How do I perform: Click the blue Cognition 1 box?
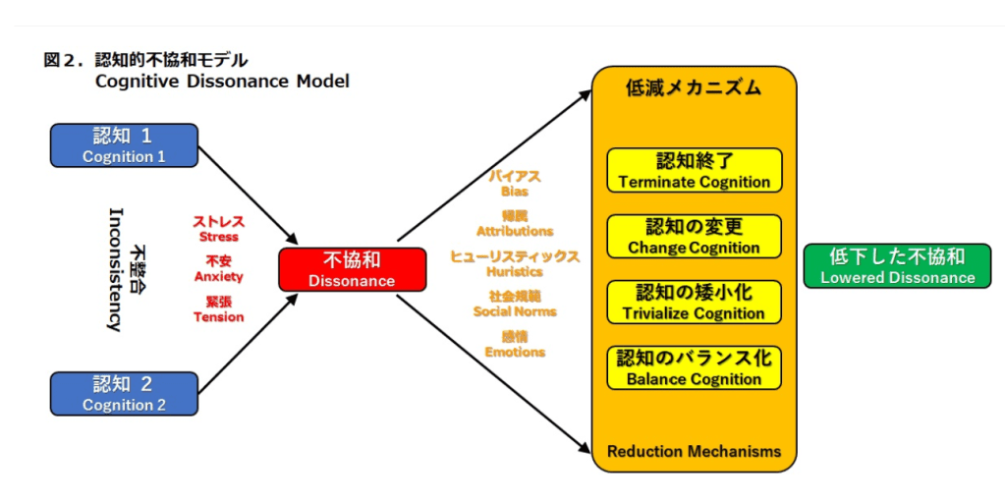point(124,144)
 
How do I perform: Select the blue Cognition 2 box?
point(124,393)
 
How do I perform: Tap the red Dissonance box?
point(352,269)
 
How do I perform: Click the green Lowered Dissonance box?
point(898,266)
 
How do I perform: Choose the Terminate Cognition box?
point(694,170)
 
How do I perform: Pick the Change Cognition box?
point(694,237)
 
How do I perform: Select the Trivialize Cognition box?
point(694,303)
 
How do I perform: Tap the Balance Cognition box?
point(694,367)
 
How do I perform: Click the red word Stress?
point(218,237)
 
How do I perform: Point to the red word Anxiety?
point(218,277)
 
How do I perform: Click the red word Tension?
point(218,317)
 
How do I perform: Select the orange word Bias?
point(515,192)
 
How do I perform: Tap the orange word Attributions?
point(515,231)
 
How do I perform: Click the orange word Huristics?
point(515,271)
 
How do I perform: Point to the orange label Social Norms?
point(515,311)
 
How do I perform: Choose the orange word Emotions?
point(515,352)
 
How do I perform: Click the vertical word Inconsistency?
point(114,269)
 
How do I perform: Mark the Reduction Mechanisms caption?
point(694,452)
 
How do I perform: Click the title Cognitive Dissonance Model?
point(222,82)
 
